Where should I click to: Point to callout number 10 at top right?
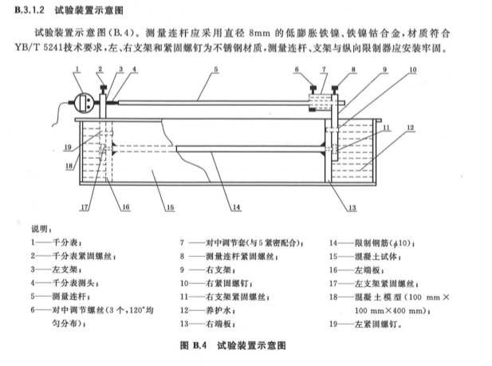point(412,70)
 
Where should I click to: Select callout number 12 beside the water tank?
point(409,127)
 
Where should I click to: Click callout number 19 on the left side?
point(69,147)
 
